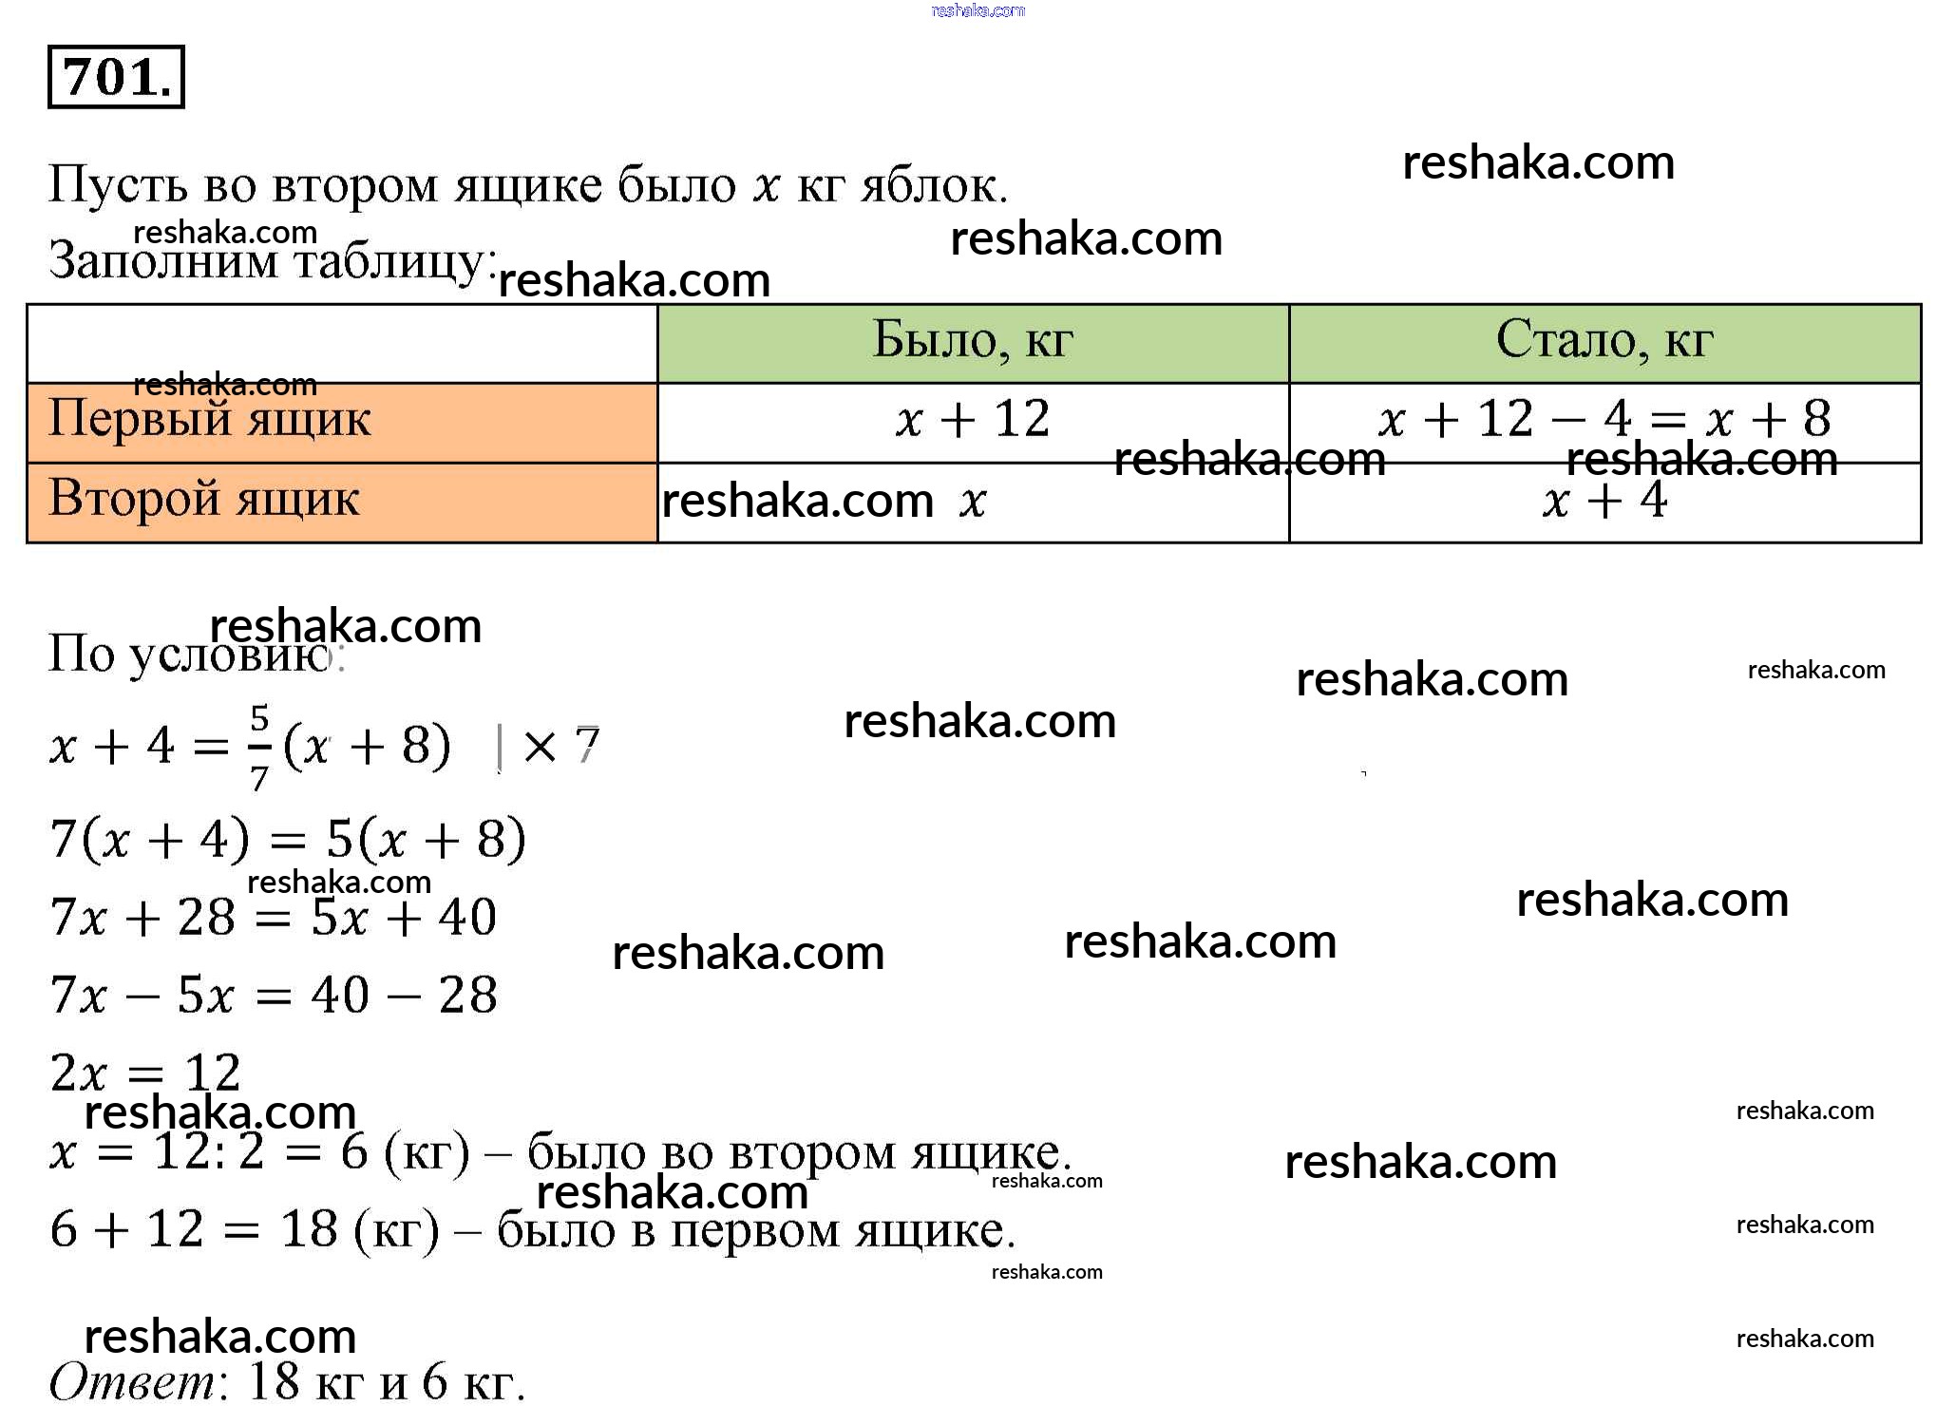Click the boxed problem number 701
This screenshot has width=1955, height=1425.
116,77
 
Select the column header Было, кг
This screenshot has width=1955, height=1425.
973,340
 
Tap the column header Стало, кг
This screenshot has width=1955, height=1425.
1604,340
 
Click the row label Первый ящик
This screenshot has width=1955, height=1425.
209,418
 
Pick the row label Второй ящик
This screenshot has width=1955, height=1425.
204,498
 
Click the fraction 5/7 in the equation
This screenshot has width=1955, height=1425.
259,748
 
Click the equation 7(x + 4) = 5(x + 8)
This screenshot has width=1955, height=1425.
288,840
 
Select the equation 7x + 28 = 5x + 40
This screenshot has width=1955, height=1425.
274,918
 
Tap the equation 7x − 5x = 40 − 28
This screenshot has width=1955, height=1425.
274,996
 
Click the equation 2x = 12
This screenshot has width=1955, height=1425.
145,1073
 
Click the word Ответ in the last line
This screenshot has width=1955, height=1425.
133,1382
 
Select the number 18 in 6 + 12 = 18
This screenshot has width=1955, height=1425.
310,1229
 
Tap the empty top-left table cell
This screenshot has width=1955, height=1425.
342,344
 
